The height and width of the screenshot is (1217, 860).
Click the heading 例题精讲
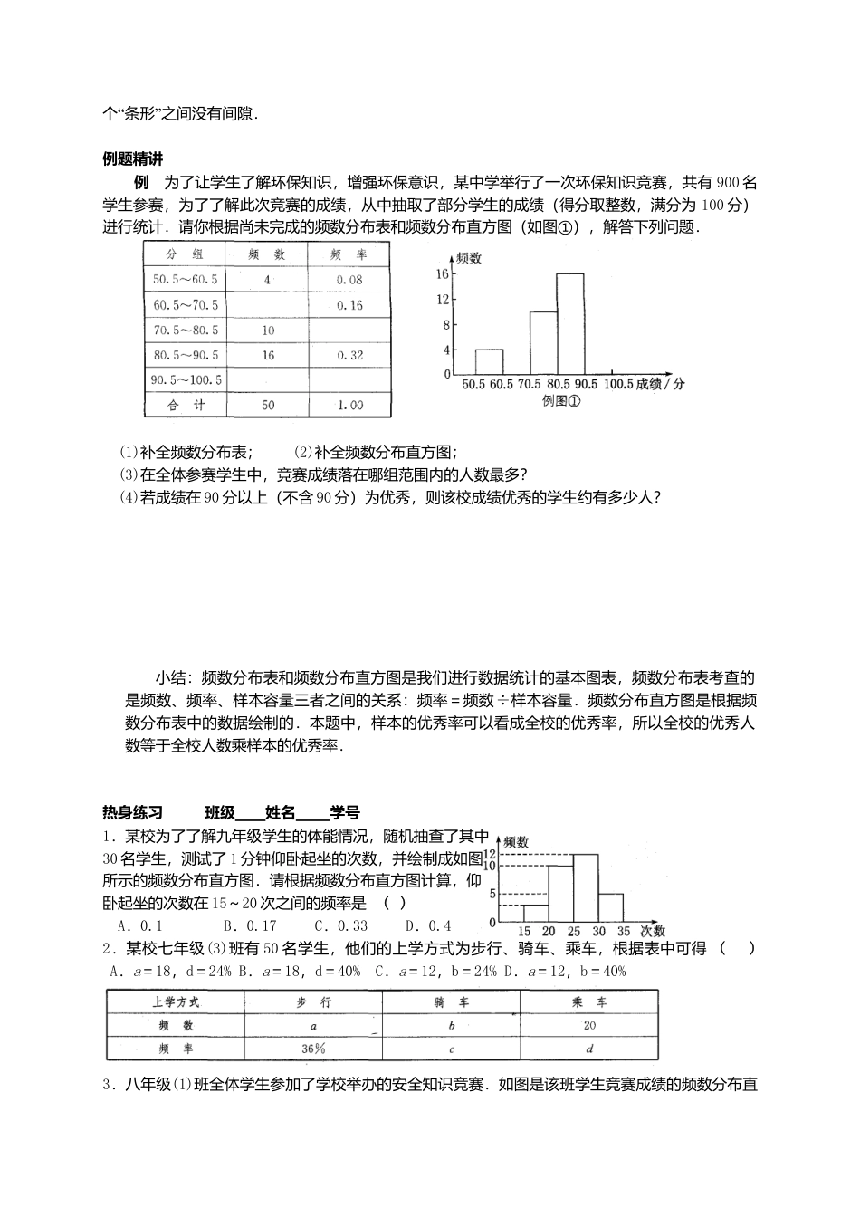(x=132, y=158)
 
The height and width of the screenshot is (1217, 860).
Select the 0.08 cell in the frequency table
(x=349, y=280)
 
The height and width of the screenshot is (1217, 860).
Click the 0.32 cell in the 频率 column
(x=349, y=355)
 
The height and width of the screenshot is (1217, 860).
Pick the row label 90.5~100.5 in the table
(x=186, y=380)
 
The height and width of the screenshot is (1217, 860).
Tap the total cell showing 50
(x=268, y=405)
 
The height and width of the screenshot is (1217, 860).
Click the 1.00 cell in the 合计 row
(x=349, y=405)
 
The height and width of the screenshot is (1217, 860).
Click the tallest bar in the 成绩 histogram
(x=570, y=323)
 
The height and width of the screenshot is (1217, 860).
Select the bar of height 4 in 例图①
(x=489, y=361)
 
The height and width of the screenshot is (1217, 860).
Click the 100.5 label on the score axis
(x=616, y=384)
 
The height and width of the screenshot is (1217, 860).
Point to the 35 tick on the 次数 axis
(x=624, y=931)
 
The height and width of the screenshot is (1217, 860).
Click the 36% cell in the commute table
(x=313, y=1049)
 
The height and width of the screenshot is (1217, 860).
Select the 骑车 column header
(x=451, y=1002)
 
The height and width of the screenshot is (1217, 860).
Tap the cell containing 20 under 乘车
(x=589, y=1025)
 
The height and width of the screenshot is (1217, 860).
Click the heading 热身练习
(x=132, y=812)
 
